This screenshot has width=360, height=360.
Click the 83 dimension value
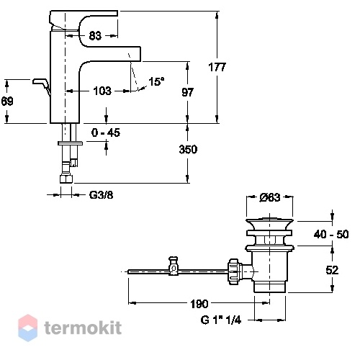click(x=95, y=36)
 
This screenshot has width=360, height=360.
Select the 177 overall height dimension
click(x=217, y=67)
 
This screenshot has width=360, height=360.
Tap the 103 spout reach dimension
click(x=102, y=91)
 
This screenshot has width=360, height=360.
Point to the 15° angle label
click(x=156, y=81)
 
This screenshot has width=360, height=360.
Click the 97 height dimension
click(x=187, y=92)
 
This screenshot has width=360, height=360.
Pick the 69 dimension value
click(x=7, y=101)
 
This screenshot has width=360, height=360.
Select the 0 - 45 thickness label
click(x=106, y=132)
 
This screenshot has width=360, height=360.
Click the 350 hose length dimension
click(x=188, y=149)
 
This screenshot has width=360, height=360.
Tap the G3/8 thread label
click(x=101, y=195)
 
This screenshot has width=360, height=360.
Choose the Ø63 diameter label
click(x=270, y=197)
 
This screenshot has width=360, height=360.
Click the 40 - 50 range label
click(x=331, y=234)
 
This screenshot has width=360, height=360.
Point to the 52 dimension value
click(x=332, y=270)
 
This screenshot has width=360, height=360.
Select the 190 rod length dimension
click(x=199, y=304)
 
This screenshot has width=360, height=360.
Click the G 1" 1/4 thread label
click(x=221, y=320)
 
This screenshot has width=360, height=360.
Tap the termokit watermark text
click(x=83, y=328)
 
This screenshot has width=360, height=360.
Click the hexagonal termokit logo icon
click(x=28, y=328)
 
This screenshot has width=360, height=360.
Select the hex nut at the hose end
click(x=66, y=179)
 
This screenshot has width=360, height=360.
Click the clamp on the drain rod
click(x=174, y=266)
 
